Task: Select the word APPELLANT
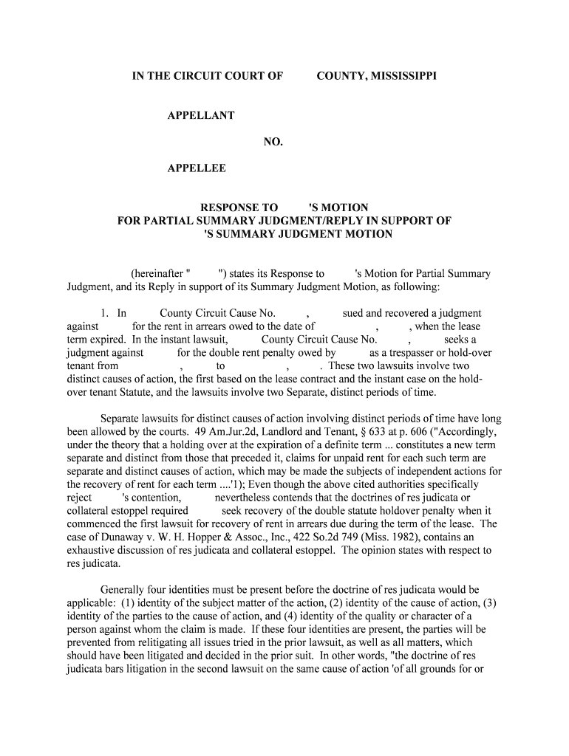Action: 201,115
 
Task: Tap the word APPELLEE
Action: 197,168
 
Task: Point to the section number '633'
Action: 402,431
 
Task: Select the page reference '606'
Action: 439,431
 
